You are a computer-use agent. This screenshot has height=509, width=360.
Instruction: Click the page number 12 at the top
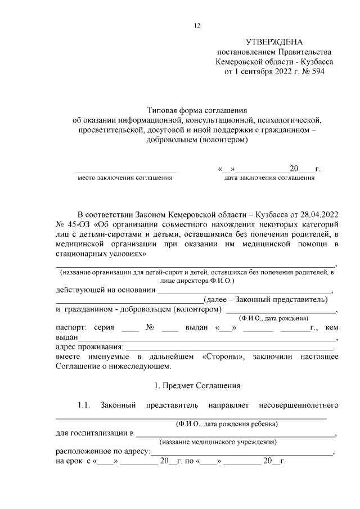[197, 25]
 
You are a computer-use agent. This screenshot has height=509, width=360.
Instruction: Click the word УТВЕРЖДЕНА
[274, 42]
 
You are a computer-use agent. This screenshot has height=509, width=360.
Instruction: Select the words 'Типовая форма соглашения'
[197, 110]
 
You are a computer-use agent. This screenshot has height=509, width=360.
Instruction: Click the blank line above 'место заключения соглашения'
[125, 169]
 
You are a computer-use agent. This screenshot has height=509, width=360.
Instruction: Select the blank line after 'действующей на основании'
[245, 290]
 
